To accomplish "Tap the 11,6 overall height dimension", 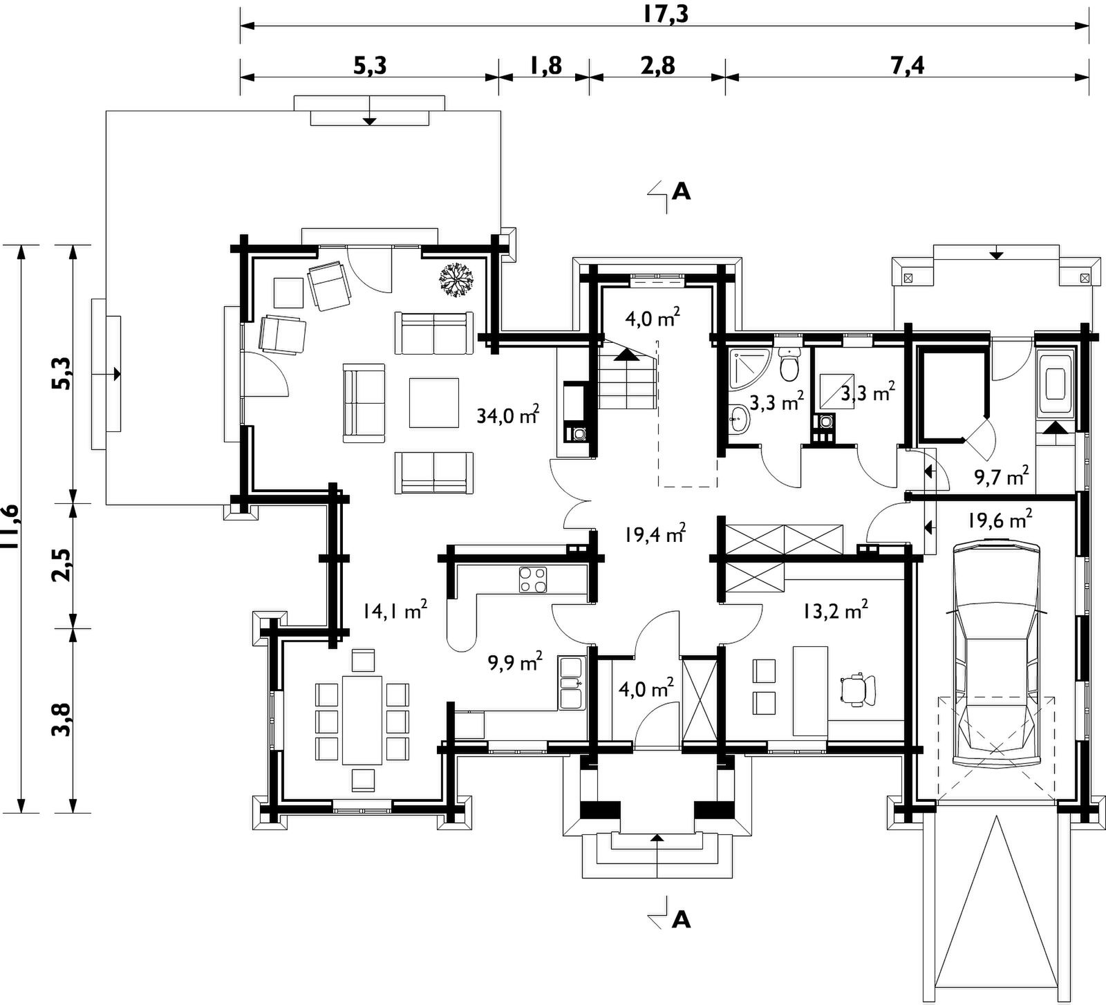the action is coord(10,529).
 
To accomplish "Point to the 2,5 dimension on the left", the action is coord(61,565).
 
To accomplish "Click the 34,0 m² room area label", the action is coord(508,415).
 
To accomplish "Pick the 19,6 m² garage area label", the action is coord(1000,518).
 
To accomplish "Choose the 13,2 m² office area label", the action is coord(836,610).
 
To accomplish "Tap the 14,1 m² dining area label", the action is coord(395,610).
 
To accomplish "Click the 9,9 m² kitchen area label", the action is coord(515,662).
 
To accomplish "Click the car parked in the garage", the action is coord(996,653).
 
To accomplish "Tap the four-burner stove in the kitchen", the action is coord(532,579).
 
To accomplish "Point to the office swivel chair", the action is coord(857,689).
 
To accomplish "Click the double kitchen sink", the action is coord(571,683).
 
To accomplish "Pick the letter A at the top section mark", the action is coord(682,191).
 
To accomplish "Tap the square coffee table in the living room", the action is coord(433,403).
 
